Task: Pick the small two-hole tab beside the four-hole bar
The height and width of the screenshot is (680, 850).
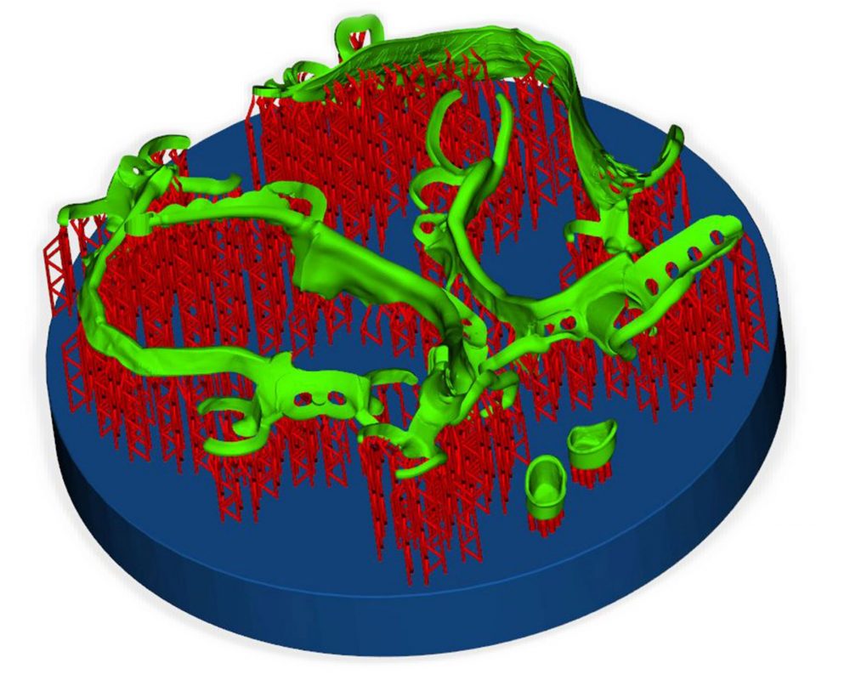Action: click(565, 323)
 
